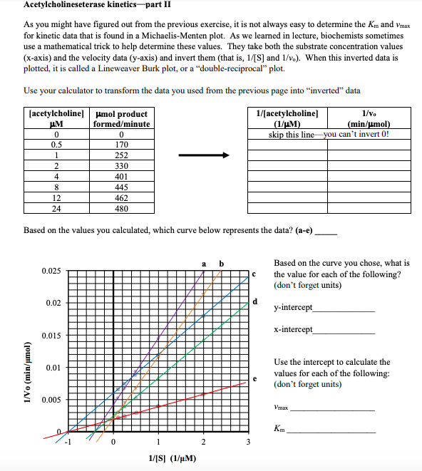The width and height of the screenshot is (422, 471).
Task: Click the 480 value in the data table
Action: tap(121, 209)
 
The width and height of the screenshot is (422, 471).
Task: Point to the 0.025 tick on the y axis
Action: tap(51, 271)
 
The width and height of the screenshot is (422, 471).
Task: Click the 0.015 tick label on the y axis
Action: tap(51, 336)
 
